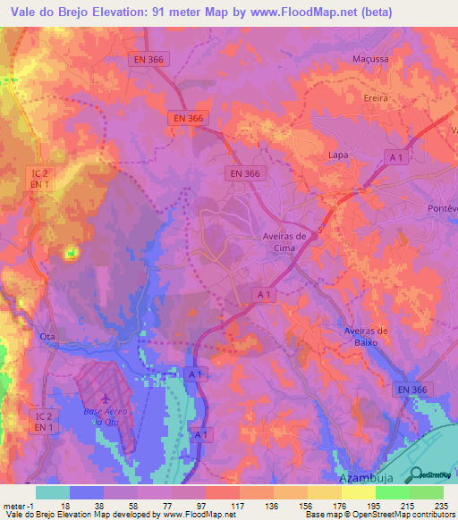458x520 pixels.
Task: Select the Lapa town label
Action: click(338, 155)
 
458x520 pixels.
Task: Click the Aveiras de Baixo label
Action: click(369, 337)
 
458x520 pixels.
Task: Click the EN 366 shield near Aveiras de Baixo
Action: click(413, 389)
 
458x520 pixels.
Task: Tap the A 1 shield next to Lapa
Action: click(397, 157)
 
